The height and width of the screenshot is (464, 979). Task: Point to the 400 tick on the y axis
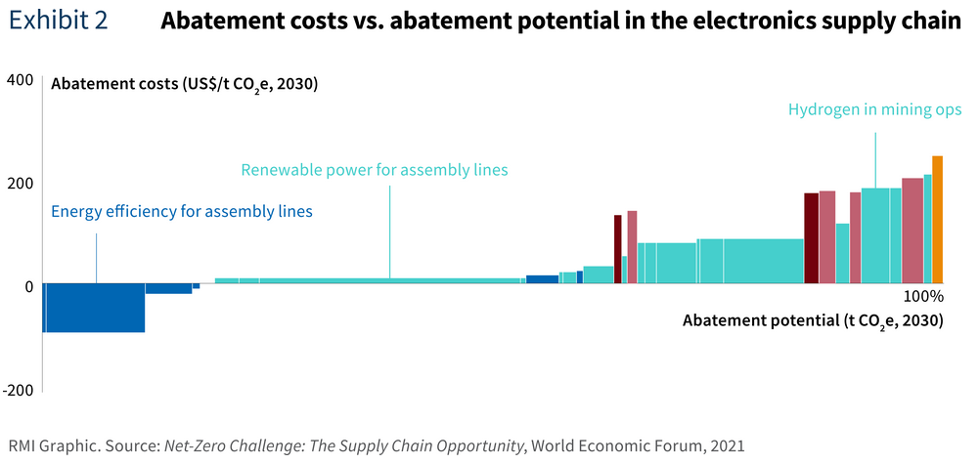click(20, 80)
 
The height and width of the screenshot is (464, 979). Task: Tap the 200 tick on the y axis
click(20, 183)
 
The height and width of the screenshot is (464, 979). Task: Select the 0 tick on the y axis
click(28, 286)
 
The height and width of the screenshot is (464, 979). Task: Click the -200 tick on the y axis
click(18, 390)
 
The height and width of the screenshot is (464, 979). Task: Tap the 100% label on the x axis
click(921, 296)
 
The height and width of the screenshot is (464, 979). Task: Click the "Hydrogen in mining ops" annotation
click(875, 109)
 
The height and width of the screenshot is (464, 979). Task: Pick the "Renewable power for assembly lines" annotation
click(375, 170)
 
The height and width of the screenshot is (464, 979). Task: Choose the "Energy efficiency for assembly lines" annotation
click(182, 211)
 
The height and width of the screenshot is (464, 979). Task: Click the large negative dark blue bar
click(94, 308)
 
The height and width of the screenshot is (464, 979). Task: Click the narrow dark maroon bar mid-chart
click(618, 249)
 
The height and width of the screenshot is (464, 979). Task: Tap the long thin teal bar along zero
click(370, 281)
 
